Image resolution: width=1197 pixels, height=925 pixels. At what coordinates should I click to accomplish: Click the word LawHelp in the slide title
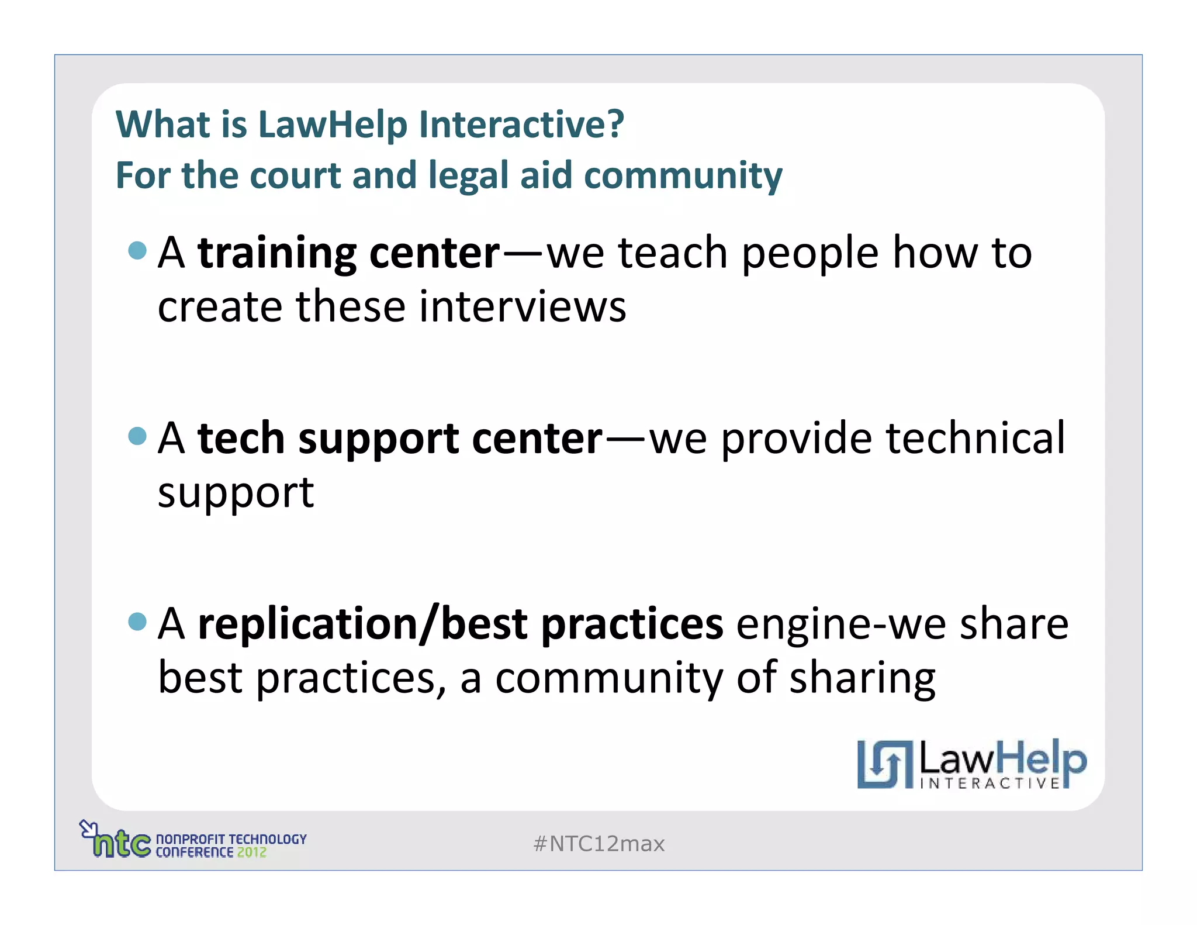tap(331, 125)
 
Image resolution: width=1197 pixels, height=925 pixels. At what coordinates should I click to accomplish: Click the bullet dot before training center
tap(137, 250)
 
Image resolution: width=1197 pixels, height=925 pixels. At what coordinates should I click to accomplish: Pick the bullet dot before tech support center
tap(137, 436)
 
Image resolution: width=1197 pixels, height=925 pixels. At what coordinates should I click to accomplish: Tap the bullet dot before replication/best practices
tap(137, 621)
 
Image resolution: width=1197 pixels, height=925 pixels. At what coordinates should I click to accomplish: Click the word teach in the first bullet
tap(672, 253)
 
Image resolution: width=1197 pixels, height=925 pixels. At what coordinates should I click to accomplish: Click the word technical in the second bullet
tap(975, 438)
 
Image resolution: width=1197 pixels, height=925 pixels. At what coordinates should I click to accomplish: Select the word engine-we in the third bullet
tap(840, 624)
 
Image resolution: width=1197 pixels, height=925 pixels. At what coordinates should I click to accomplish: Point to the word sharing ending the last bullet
tap(862, 678)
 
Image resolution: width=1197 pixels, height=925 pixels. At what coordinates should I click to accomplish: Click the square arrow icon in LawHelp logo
tap(884, 764)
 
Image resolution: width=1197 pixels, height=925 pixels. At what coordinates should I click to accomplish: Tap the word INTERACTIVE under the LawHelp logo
tap(990, 784)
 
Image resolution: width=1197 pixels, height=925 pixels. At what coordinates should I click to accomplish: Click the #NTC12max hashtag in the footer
tap(599, 844)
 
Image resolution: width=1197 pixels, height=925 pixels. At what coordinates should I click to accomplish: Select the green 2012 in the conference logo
tap(251, 852)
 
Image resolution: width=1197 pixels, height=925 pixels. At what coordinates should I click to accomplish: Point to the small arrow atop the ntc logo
tap(88, 828)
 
